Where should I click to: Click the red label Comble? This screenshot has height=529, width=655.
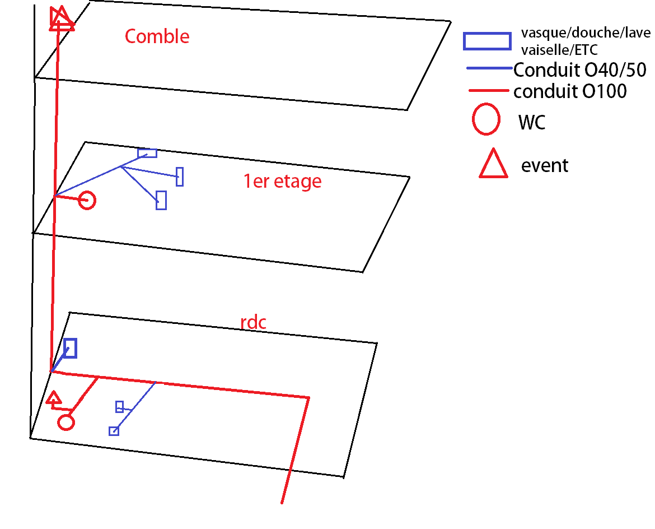(157, 36)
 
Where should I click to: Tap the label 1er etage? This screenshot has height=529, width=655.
(282, 181)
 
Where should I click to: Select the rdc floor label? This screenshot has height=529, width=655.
(253, 323)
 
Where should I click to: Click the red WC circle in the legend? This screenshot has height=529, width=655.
(486, 119)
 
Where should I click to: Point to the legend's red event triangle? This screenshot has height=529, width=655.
(493, 165)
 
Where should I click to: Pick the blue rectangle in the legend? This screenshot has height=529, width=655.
(486, 41)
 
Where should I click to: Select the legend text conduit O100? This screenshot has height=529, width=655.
(570, 91)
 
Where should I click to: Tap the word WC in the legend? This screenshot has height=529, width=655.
(531, 123)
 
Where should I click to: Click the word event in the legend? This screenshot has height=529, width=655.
(544, 166)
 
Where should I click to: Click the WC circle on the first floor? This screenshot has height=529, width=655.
(87, 200)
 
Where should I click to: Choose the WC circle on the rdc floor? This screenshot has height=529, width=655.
(66, 422)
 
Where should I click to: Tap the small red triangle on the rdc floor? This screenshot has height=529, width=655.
(54, 398)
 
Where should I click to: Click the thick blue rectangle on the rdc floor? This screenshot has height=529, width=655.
(70, 348)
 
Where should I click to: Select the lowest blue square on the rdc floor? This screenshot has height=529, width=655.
(114, 431)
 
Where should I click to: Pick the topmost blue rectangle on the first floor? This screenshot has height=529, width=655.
(147, 152)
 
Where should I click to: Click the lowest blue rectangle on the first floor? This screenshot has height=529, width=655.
(161, 200)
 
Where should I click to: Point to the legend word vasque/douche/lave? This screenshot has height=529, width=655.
(586, 33)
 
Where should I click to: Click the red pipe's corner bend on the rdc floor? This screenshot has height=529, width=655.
(308, 398)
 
